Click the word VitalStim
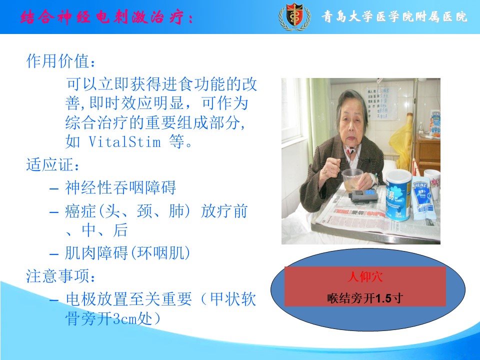coord(124,141)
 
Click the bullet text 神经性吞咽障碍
coord(120,187)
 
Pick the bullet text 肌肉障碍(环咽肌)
coord(127,253)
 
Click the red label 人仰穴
coord(365,276)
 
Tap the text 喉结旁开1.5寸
coord(365,298)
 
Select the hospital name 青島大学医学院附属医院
coord(394,16)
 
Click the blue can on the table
coord(398,195)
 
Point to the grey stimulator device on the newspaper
coord(363,196)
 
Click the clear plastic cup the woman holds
coord(352,180)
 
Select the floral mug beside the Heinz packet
coord(432,183)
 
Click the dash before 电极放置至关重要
coord(54,299)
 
